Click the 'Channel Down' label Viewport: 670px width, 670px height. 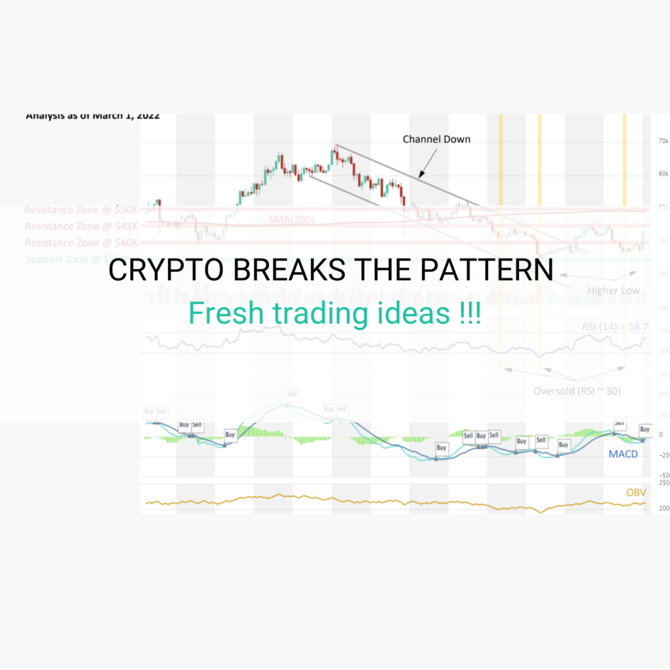point(436,139)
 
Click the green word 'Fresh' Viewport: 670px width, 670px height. point(226,314)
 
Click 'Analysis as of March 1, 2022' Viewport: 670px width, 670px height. point(92,116)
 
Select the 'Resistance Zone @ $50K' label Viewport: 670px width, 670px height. point(82,210)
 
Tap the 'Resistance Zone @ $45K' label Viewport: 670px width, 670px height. point(82,226)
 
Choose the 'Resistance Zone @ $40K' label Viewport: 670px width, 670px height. point(82,243)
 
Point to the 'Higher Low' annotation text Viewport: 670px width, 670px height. point(613,290)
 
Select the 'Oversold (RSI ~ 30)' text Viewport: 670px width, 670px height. point(576,391)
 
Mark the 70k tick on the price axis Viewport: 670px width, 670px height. point(662,141)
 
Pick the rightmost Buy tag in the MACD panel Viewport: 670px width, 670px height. point(644,430)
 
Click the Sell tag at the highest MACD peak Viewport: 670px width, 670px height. point(292,395)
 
